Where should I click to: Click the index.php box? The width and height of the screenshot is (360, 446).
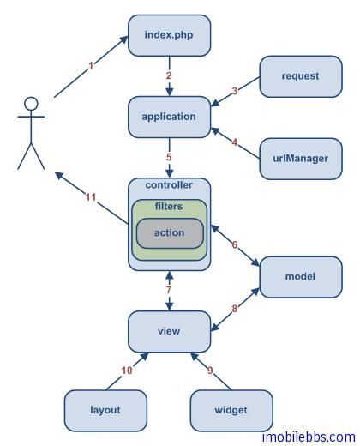pyautogui.click(x=169, y=35)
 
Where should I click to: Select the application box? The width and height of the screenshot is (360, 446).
pyautogui.click(x=169, y=117)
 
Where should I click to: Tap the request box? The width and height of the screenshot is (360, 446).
pyautogui.click(x=301, y=76)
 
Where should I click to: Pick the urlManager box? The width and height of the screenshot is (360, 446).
pyautogui.click(x=301, y=159)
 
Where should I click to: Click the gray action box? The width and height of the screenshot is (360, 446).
pyautogui.click(x=170, y=233)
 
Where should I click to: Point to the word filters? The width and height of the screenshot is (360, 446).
pyautogui.click(x=169, y=206)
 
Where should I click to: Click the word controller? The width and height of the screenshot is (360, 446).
pyautogui.click(x=169, y=185)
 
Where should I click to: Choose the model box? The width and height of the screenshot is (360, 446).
pyautogui.click(x=301, y=277)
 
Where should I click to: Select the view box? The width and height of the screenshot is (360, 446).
pyautogui.click(x=169, y=332)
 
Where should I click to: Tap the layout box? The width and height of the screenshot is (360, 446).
pyautogui.click(x=105, y=411)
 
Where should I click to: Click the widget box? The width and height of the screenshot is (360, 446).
pyautogui.click(x=231, y=411)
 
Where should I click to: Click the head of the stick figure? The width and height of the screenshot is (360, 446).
pyautogui.click(x=31, y=104)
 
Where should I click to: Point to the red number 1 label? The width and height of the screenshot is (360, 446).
pyautogui.click(x=91, y=66)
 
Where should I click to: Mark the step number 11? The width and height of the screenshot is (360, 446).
pyautogui.click(x=91, y=197)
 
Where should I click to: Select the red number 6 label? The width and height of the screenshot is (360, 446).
pyautogui.click(x=235, y=244)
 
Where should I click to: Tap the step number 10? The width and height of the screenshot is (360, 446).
pyautogui.click(x=127, y=371)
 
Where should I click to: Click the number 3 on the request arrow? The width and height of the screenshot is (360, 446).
pyautogui.click(x=235, y=91)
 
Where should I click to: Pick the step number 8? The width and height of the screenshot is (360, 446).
pyautogui.click(x=234, y=309)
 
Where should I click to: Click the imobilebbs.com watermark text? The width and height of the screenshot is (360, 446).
pyautogui.click(x=309, y=437)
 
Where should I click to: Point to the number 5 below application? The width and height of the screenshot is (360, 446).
pyautogui.click(x=169, y=157)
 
